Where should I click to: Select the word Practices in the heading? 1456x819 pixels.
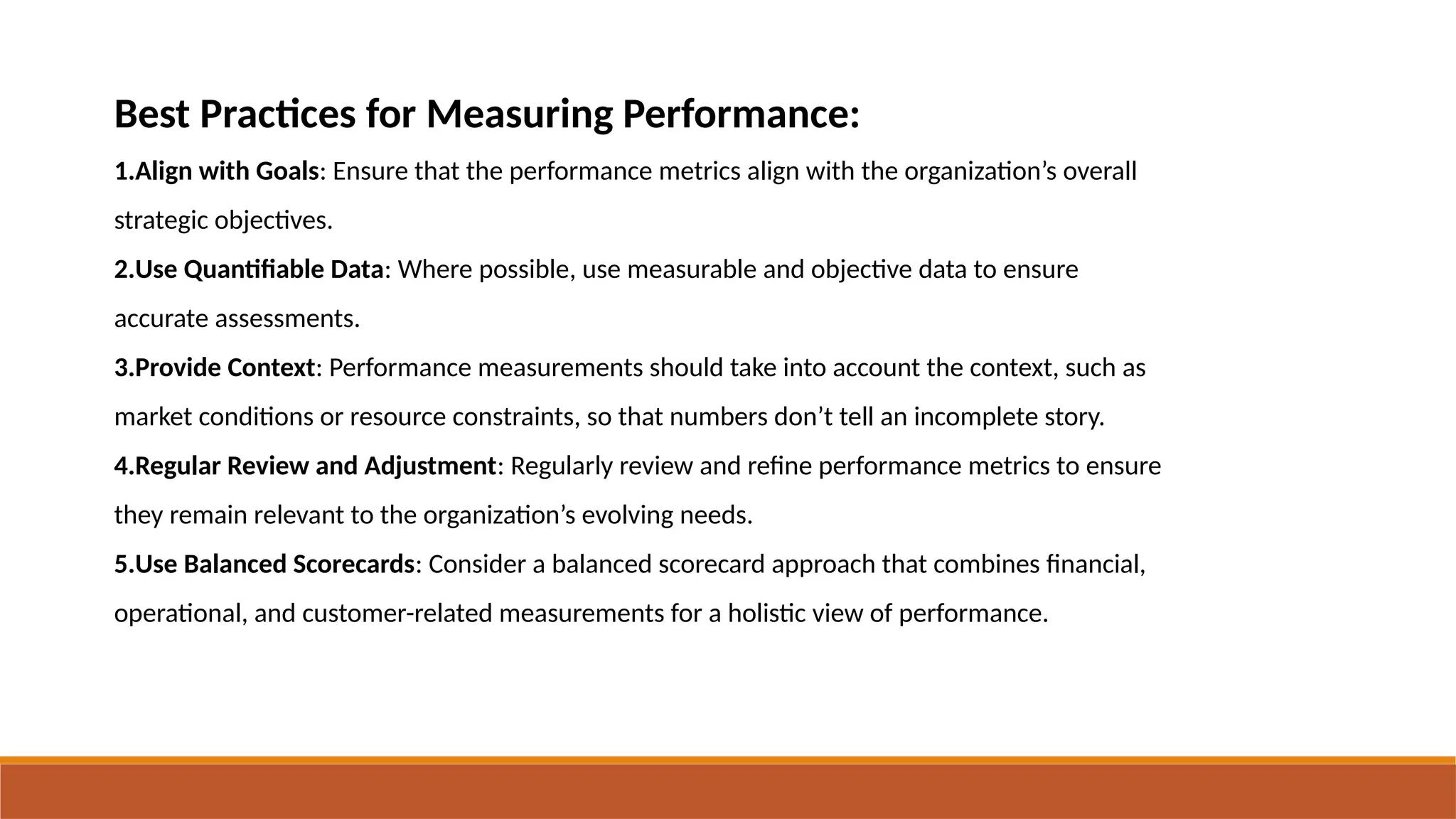(x=277, y=114)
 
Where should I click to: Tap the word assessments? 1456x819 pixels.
(x=287, y=318)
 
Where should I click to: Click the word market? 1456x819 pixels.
(x=153, y=417)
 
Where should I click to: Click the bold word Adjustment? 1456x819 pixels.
(x=429, y=466)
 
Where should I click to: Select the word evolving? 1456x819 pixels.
(x=627, y=515)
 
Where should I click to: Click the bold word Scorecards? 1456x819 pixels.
(x=353, y=564)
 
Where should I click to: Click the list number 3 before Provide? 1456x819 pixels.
(x=121, y=368)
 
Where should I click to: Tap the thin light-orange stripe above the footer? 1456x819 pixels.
(x=728, y=760)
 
